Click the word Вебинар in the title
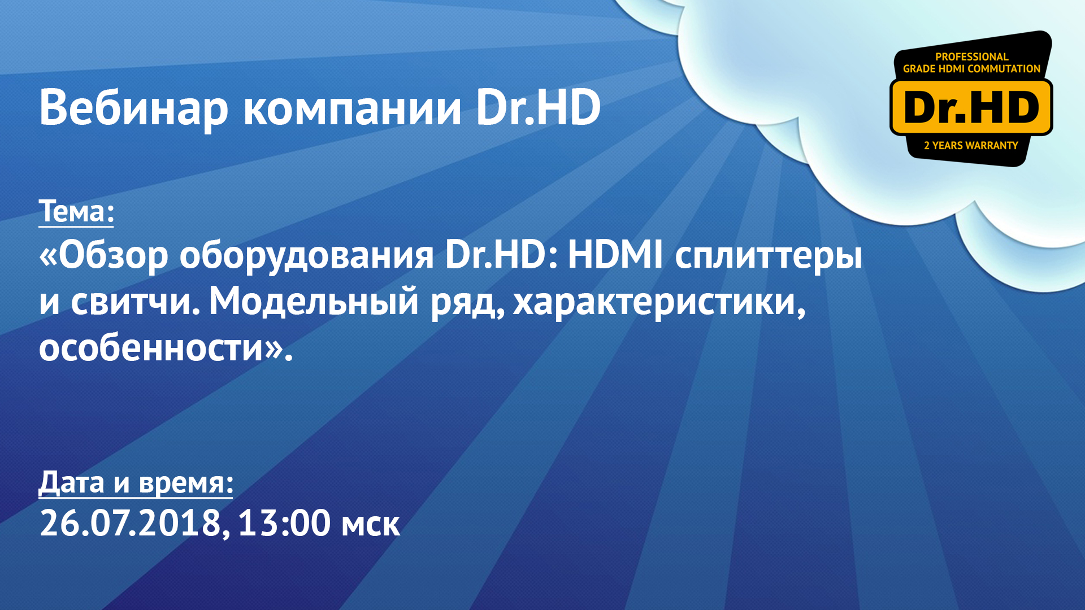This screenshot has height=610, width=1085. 133,108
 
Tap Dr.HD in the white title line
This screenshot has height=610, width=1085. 538,108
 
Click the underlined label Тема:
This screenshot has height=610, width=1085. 76,212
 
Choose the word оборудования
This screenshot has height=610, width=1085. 306,255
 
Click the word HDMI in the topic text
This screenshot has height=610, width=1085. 615,255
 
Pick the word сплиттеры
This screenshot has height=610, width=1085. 769,255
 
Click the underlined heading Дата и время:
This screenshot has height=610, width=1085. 136,483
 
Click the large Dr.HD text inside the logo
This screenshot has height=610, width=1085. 971,107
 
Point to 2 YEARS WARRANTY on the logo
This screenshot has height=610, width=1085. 971,146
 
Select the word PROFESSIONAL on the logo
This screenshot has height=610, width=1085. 971,56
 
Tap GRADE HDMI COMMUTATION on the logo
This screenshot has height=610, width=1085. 971,69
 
